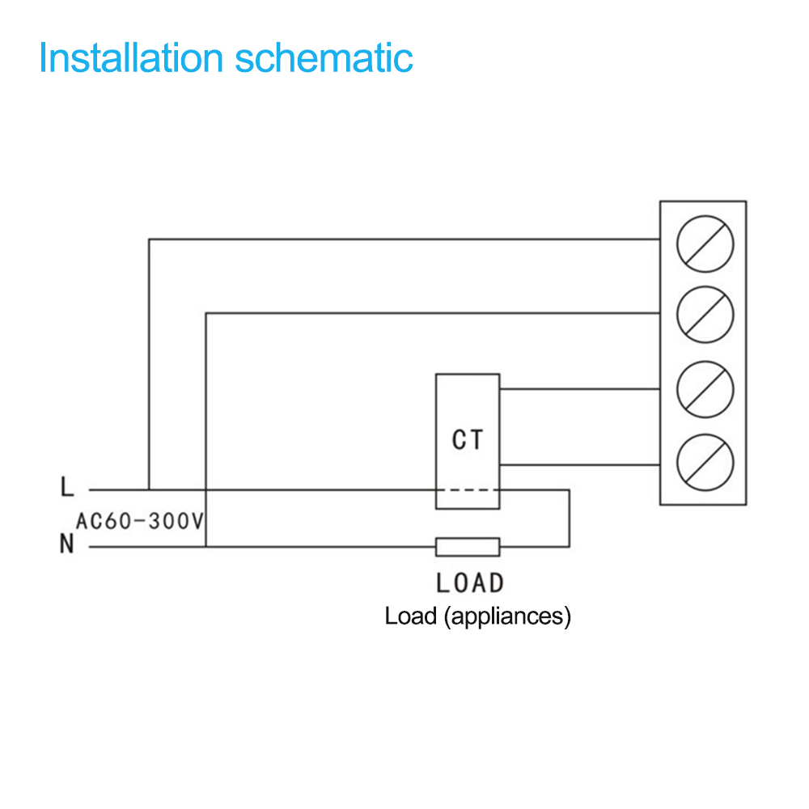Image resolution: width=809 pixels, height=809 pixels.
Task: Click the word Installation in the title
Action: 131,57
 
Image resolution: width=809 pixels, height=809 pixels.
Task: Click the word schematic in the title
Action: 324,57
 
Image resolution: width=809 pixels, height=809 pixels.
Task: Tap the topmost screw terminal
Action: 705,244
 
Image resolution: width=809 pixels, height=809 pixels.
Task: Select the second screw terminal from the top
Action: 705,315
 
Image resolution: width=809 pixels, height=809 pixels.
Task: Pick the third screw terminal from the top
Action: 705,390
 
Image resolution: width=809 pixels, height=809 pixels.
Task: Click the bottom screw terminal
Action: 705,462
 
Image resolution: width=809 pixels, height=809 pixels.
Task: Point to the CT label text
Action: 468,440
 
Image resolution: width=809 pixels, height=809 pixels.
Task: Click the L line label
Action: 67,486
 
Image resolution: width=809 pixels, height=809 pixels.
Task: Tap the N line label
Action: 66,544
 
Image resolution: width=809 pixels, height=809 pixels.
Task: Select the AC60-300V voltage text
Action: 140,521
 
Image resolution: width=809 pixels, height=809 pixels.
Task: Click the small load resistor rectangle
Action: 468,547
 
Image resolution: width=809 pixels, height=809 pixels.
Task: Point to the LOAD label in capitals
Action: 469,583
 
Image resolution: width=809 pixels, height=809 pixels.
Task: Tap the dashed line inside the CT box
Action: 468,489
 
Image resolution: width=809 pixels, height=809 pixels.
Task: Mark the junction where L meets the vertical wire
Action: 149,489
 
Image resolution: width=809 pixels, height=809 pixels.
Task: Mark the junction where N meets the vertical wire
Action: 205,547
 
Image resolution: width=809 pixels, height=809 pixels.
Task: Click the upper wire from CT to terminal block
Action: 580,389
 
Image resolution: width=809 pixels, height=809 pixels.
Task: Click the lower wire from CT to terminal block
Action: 580,465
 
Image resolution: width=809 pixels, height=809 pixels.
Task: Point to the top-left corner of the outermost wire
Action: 149,239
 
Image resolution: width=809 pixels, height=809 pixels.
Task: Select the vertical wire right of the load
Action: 569,518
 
